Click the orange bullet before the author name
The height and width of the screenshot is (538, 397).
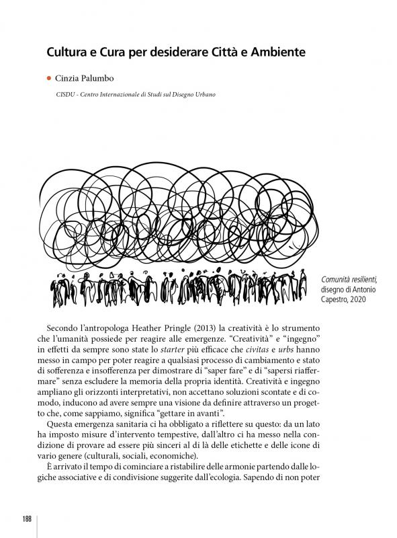point(49,79)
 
